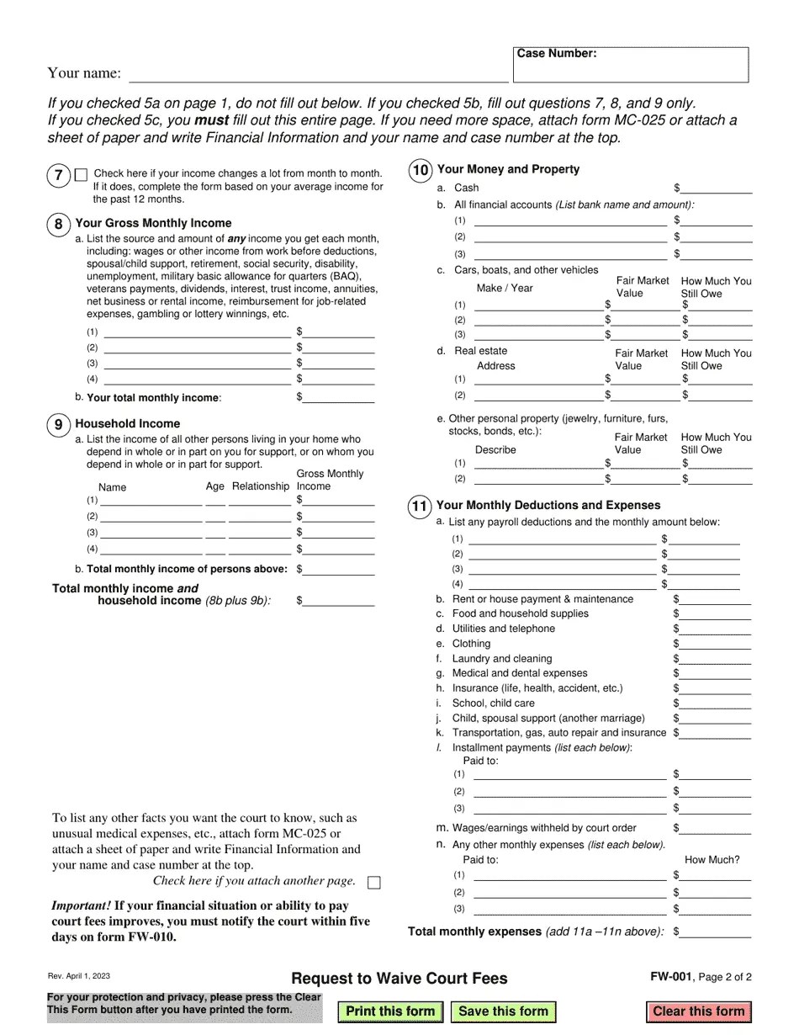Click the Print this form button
pos(390,1011)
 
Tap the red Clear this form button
pos(698,1011)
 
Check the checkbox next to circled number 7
pos(81,175)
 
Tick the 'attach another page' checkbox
pos(374,883)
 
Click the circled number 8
pos(58,224)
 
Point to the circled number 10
pos(420,171)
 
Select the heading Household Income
pos(128,423)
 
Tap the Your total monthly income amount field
pos(338,397)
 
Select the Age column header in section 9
pos(215,486)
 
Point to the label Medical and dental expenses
pos(520,673)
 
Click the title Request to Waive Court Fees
pos(399,979)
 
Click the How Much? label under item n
pos(712,860)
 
